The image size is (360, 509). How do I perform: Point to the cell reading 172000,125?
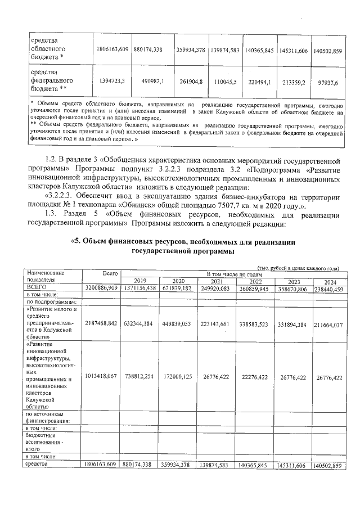click(178, 378)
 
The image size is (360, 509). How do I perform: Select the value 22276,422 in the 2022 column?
click(254, 378)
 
